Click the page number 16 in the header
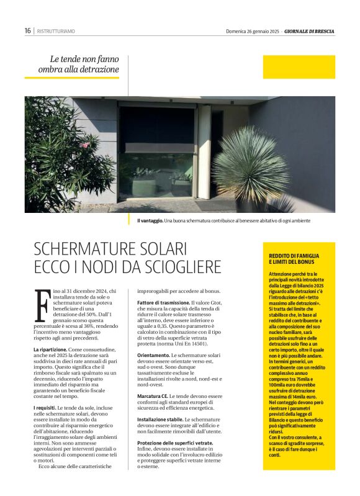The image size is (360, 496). pyautogui.click(x=28, y=30)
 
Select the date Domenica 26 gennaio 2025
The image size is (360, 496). pyautogui.click(x=251, y=31)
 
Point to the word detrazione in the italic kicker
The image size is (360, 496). pyautogui.click(x=97, y=70)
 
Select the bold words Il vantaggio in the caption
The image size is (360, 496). pyautogui.click(x=150, y=220)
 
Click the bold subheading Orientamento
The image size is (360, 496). pyautogui.click(x=153, y=354)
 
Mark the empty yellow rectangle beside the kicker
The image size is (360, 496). pyautogui.click(x=299, y=67)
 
